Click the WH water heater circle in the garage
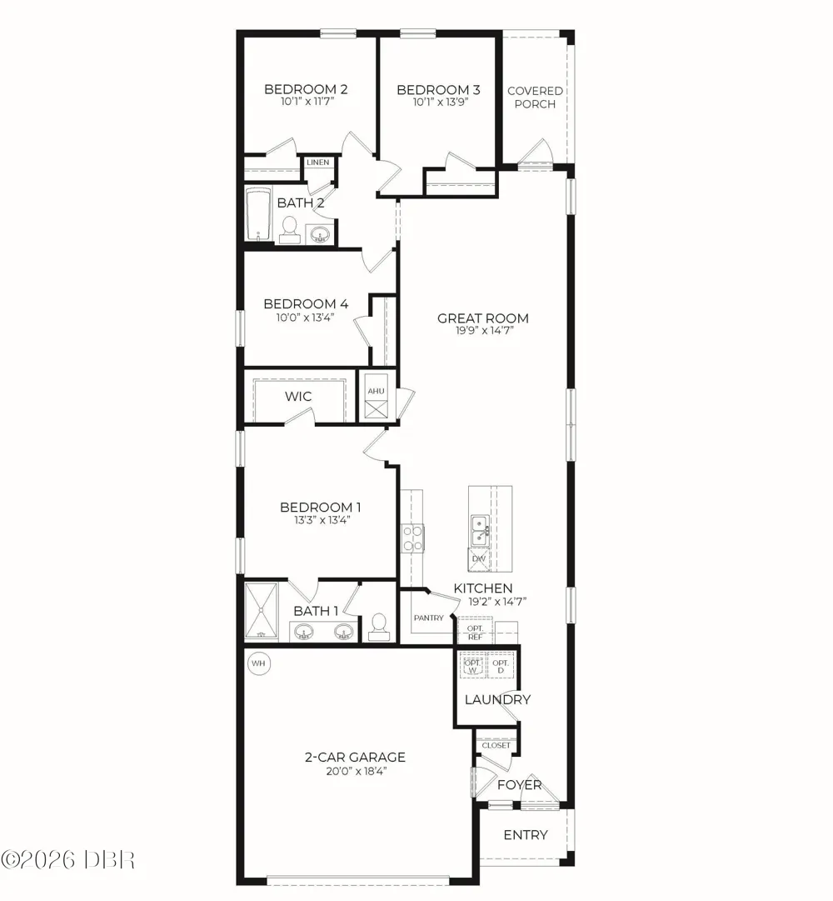point(259,663)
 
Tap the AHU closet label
point(376,391)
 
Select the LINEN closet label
point(318,163)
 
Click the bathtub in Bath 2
point(258,215)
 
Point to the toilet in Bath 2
point(290,230)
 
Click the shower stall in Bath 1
point(262,611)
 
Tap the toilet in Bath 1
point(379,627)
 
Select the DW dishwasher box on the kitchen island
point(479,559)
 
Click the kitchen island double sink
point(480,530)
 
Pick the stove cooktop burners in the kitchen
point(412,538)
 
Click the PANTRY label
point(429,618)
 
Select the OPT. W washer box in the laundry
point(473,666)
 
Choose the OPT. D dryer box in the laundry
point(501,666)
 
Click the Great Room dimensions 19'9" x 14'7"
point(483,331)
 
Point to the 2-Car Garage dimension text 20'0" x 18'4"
point(356,771)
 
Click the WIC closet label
point(298,397)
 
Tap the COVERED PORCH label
point(535,98)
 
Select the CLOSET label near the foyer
point(496,745)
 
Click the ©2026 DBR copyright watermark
point(67,860)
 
